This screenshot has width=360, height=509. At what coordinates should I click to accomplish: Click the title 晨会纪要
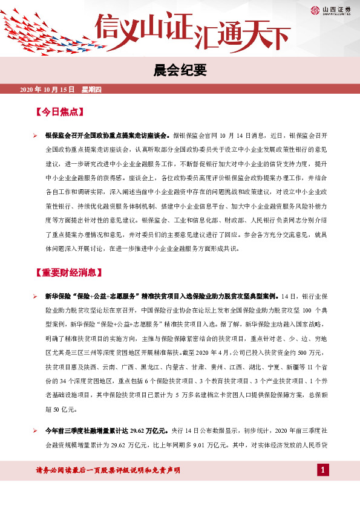tap(180, 71)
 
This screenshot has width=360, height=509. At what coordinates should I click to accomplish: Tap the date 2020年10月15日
tap(47, 89)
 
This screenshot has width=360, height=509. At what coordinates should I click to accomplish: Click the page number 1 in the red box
tap(324, 470)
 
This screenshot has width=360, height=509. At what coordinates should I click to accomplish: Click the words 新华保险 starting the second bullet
tap(58, 296)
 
